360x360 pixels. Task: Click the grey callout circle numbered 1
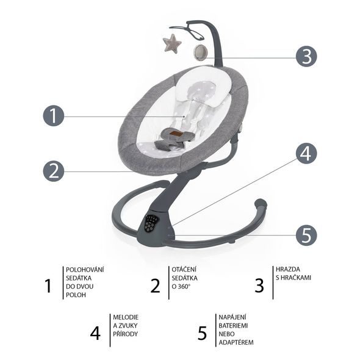click(54, 116)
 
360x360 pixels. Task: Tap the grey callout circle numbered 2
click(54, 171)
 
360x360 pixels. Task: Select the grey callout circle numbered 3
click(306, 56)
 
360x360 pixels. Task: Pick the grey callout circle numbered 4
click(306, 153)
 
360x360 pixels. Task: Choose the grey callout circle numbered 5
click(306, 235)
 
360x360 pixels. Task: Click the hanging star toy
click(172, 43)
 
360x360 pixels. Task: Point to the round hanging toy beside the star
click(201, 52)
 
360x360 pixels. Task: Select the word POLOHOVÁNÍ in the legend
click(85, 270)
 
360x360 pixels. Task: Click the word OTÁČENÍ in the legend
click(184, 269)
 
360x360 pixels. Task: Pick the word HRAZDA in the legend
click(287, 269)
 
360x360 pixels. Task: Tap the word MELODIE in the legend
click(126, 317)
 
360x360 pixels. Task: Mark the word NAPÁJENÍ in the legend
click(232, 317)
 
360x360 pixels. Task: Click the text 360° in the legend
click(184, 287)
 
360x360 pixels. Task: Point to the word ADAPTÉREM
click(236, 342)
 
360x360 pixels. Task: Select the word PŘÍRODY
click(125, 334)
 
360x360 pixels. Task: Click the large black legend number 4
click(95, 333)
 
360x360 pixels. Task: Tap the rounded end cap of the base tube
click(261, 204)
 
